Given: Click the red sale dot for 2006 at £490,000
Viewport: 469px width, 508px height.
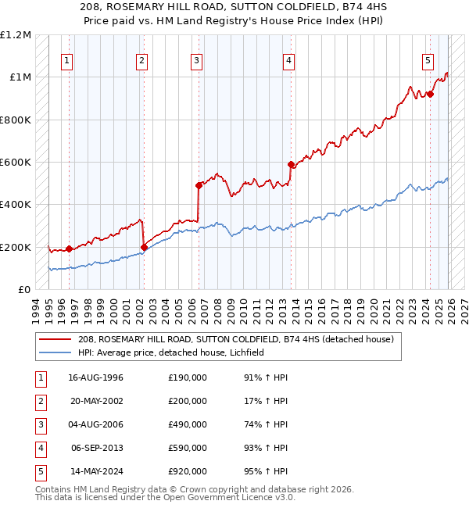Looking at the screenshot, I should [199, 186].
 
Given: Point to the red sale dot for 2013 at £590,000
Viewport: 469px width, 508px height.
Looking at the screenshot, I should [291, 165].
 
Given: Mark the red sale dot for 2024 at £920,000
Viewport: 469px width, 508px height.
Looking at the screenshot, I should [430, 94].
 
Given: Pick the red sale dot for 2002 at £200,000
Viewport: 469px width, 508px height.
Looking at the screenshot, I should [144, 248].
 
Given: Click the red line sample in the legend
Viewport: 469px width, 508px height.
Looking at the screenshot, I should [55, 339].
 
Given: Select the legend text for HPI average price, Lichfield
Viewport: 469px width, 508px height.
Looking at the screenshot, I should [171, 352].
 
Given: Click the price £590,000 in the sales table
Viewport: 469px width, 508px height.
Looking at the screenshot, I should [188, 448].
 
